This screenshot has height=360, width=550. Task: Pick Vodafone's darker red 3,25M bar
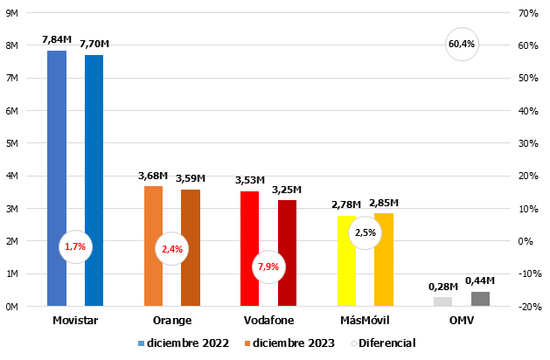[287, 253]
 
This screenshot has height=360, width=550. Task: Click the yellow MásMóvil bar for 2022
[346, 261]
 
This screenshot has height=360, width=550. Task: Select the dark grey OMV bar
[480, 299]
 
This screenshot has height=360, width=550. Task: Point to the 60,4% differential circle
[461, 44]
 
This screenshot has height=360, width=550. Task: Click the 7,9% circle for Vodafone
[268, 267]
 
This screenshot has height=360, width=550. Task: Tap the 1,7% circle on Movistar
[74, 247]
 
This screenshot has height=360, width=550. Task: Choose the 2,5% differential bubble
[366, 232]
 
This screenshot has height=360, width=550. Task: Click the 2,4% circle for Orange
[171, 249]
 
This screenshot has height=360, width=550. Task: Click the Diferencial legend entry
[384, 343]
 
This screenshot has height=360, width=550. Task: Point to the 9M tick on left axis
[14, 13]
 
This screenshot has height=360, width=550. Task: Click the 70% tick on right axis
[527, 13]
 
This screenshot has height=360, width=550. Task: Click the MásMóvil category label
[365, 320]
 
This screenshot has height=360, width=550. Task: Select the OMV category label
[461, 320]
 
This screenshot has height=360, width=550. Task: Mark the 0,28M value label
[443, 287]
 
